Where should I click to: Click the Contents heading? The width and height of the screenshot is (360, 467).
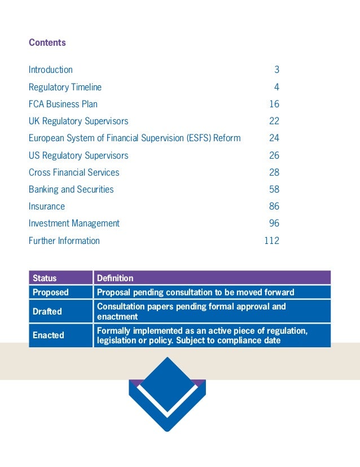tap(47, 43)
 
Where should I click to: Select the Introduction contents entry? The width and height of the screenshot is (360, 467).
tap(51, 70)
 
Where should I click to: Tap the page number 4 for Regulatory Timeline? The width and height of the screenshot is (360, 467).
tap(276, 87)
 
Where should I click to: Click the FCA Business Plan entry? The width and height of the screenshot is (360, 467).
tap(63, 104)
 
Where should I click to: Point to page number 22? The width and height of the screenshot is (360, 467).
tap(274, 121)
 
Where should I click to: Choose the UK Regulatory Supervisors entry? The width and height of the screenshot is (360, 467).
tap(78, 121)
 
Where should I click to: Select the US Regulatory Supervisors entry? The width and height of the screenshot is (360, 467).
tap(78, 155)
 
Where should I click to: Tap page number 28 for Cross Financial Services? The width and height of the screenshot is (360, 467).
tap(274, 172)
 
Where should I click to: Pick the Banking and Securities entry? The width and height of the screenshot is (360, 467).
tap(71, 189)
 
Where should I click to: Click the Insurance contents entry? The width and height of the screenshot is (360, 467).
tap(47, 206)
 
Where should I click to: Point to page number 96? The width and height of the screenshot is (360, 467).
tap(274, 223)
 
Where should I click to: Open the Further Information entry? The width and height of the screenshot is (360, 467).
tap(64, 241)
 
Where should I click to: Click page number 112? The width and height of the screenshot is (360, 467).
tap(271, 241)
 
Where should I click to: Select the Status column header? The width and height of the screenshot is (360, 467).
tap(45, 278)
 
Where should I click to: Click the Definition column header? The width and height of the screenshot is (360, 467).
tap(115, 278)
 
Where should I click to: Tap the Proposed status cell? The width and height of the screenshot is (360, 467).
tap(51, 293)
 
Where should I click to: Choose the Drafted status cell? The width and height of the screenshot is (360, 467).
tap(47, 312)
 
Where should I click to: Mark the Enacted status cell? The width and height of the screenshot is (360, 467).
tap(49, 335)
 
